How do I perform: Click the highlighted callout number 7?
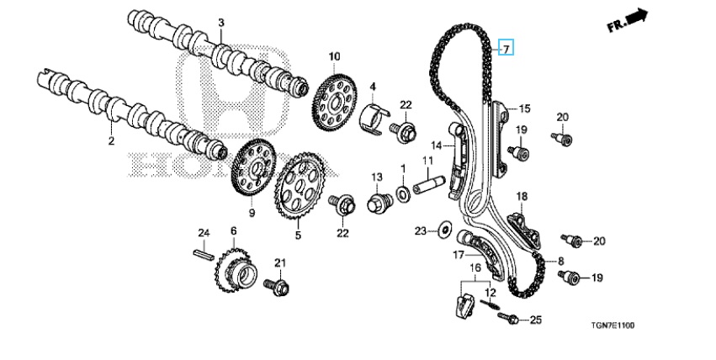[x=506, y=48]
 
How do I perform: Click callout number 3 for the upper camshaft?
[x=221, y=22]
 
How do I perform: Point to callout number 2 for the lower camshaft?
[x=110, y=141]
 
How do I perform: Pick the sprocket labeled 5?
[x=295, y=190]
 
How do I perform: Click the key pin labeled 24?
[x=202, y=250]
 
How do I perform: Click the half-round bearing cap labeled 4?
[x=375, y=119]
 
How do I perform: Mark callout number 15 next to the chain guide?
[x=524, y=109]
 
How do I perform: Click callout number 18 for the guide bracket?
[x=521, y=197]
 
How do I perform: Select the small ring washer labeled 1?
[x=402, y=194]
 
